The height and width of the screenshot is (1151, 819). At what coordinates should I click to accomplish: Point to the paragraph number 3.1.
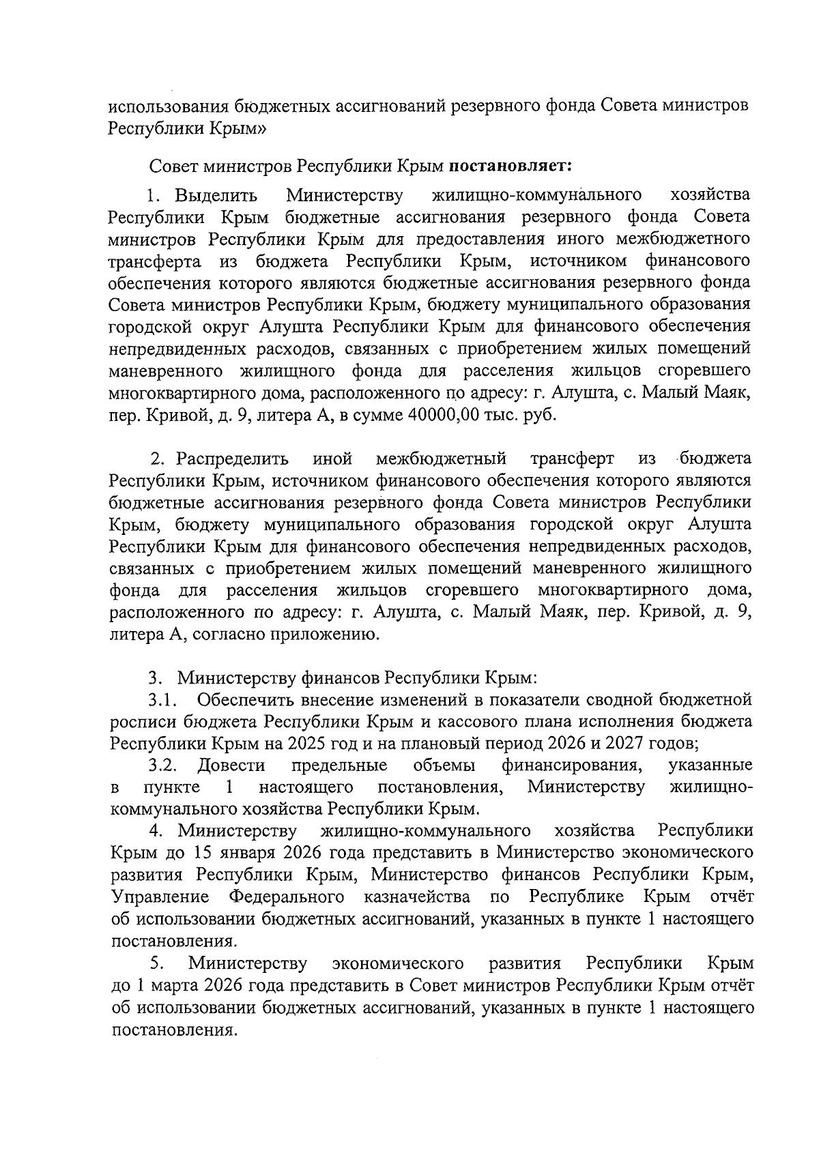164,699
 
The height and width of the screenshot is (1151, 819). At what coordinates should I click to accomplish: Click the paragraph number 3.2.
164,765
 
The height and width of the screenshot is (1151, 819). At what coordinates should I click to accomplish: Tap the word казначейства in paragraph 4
418,897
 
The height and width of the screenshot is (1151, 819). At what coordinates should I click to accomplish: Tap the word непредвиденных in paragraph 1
178,349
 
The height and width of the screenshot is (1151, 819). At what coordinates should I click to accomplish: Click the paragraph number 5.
156,963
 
